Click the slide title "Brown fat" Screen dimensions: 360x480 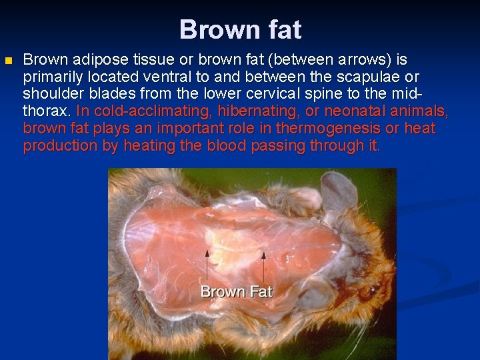tap(240, 30)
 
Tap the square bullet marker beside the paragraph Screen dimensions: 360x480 tap(8, 61)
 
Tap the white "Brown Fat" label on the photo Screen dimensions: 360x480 tap(236, 291)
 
